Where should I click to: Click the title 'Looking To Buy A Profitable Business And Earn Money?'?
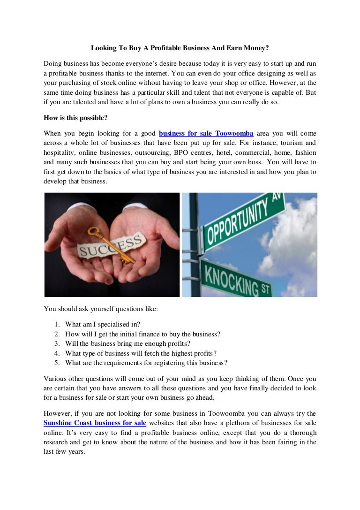click(x=180, y=48)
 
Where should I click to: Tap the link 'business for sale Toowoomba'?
click(x=206, y=133)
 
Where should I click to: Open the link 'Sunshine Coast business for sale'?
click(x=95, y=423)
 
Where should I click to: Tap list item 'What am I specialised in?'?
click(x=103, y=324)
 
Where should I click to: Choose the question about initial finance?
click(x=142, y=334)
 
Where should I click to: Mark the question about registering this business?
click(x=146, y=363)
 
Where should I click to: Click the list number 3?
click(x=56, y=343)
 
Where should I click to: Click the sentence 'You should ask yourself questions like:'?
click(x=101, y=309)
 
